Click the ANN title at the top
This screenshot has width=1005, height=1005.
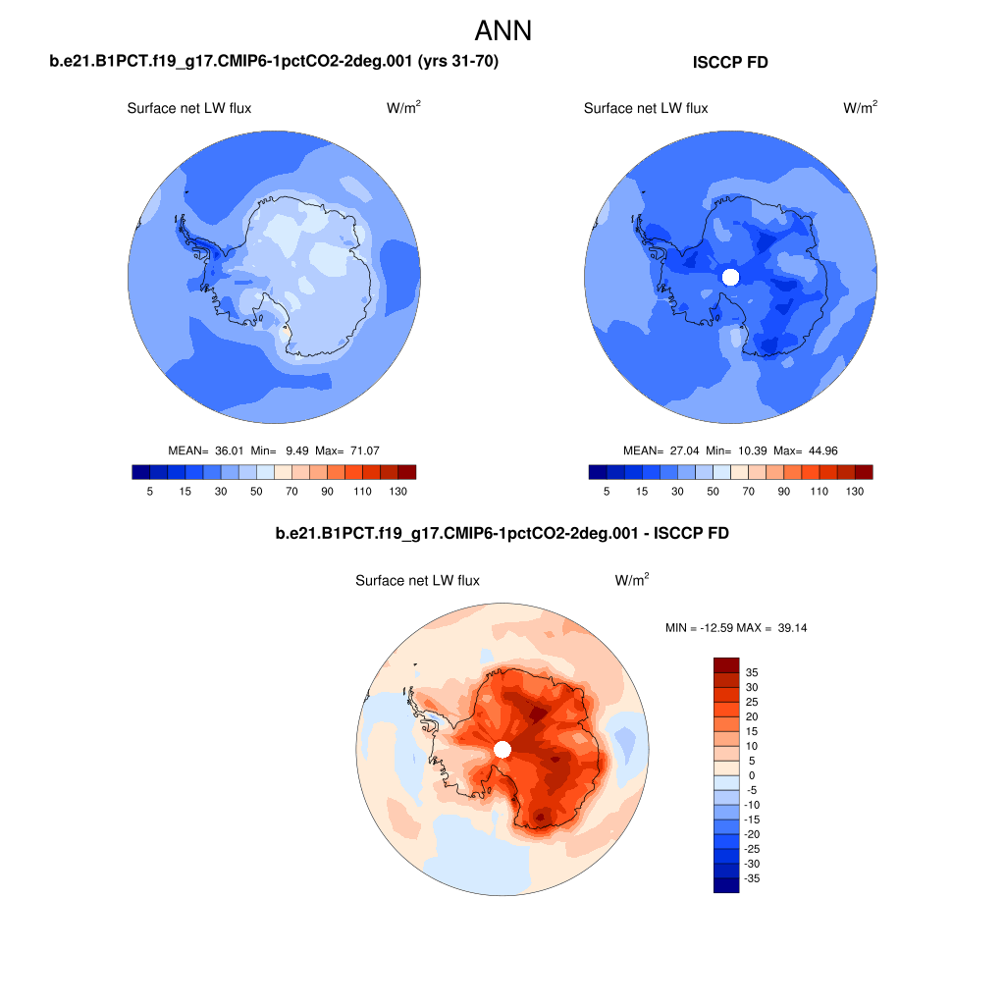click(502, 30)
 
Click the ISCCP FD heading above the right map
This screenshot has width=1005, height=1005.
click(730, 63)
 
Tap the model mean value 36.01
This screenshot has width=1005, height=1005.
click(228, 450)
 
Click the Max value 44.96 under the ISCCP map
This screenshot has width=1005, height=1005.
click(818, 450)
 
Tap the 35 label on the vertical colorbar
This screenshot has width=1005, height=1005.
click(752, 672)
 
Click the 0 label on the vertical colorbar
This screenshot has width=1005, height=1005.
click(752, 775)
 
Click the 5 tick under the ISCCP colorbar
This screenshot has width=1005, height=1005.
click(607, 491)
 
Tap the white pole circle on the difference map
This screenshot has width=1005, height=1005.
click(502, 750)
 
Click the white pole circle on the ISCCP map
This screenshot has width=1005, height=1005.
click(729, 277)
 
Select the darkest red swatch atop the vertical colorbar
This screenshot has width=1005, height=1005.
click(725, 664)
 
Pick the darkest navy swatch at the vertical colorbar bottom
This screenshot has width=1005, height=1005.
click(725, 885)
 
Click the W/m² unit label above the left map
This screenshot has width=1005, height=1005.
click(404, 108)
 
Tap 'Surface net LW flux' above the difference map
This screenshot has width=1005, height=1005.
click(417, 581)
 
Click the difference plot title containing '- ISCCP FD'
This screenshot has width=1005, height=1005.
click(502, 534)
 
